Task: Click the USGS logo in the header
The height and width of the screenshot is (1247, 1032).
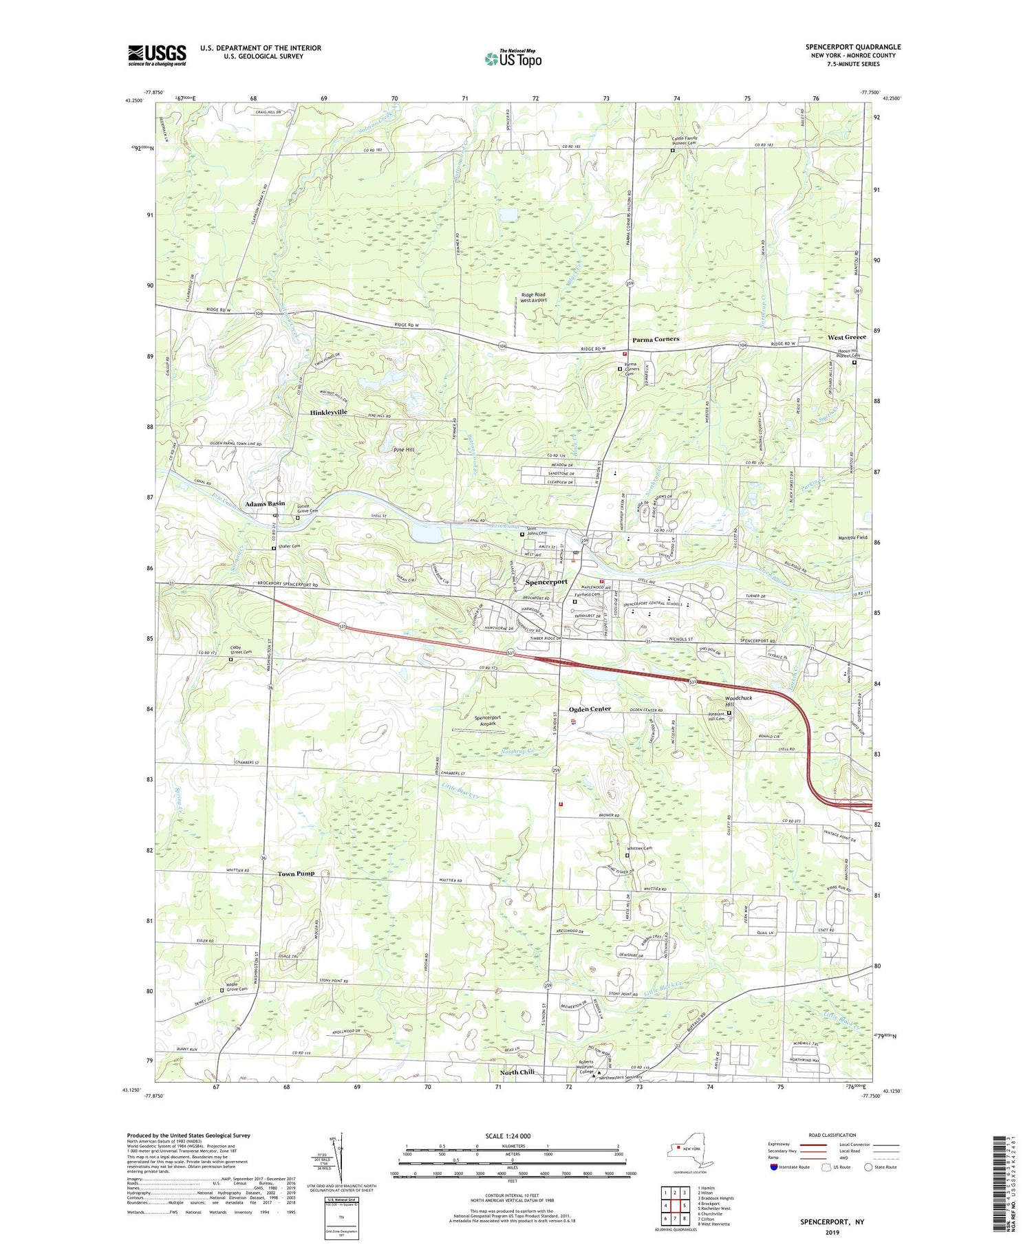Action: click(157, 55)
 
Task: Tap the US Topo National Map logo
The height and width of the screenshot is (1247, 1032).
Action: click(513, 58)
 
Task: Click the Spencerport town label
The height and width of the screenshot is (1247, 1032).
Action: click(546, 582)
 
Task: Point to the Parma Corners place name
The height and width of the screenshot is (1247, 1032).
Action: click(656, 339)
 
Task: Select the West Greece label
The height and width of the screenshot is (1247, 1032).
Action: click(846, 337)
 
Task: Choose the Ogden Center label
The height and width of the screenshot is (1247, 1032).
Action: click(590, 708)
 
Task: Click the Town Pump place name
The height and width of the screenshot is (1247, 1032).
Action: click(296, 874)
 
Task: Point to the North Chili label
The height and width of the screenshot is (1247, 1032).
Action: click(526, 1072)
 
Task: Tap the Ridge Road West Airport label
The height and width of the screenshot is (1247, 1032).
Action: click(533, 297)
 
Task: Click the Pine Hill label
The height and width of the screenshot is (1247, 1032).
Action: click(403, 449)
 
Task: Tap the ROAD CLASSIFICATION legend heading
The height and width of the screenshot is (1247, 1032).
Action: click(832, 1135)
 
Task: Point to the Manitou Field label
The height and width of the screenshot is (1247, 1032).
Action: click(853, 537)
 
